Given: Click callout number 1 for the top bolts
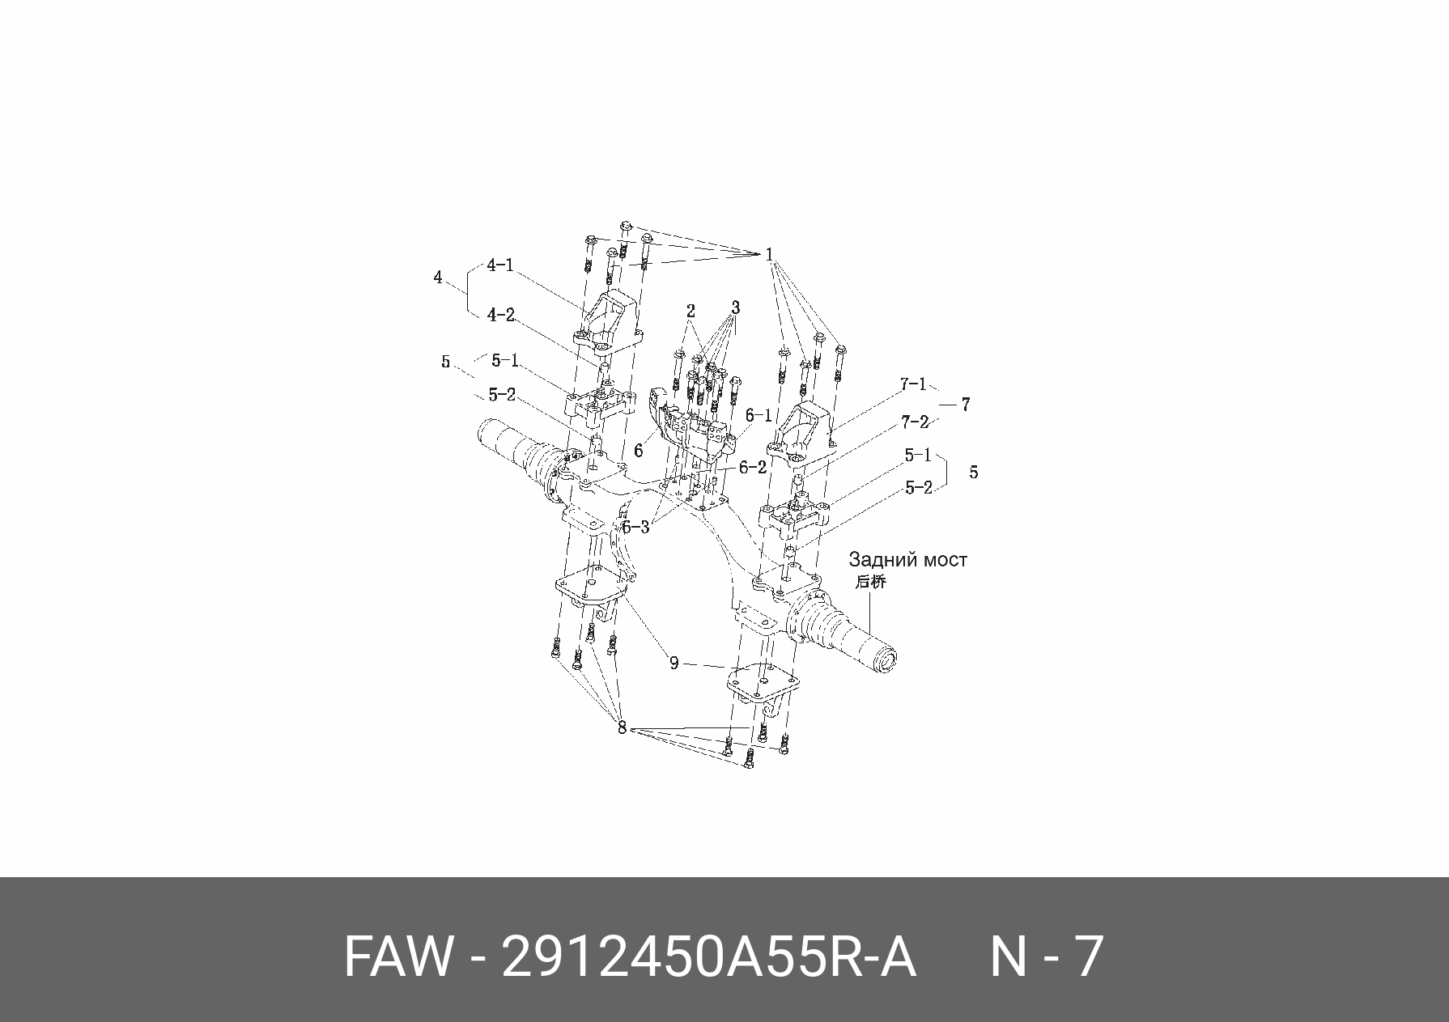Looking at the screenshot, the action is (x=769, y=254).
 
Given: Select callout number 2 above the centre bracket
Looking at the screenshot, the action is (x=691, y=312).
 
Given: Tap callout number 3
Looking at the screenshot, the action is (x=735, y=308).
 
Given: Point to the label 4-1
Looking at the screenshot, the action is (x=500, y=265).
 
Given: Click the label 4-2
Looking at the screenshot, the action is (x=501, y=315).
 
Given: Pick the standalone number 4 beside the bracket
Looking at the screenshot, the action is (x=438, y=278).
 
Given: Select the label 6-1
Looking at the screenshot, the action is (x=758, y=415).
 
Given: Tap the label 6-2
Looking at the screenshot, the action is (x=752, y=468).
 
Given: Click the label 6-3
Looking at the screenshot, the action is (x=635, y=528).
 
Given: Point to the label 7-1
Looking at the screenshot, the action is (x=912, y=384).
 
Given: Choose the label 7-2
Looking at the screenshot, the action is (x=914, y=422).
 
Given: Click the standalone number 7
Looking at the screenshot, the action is (x=965, y=405).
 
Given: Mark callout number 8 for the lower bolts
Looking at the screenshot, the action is (x=622, y=728).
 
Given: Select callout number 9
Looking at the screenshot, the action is (x=674, y=664).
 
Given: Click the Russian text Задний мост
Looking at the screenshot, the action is (x=907, y=560).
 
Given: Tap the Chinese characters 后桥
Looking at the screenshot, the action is (x=870, y=581).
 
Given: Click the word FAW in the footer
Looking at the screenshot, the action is (x=396, y=957).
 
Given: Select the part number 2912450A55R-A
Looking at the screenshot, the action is (x=708, y=957).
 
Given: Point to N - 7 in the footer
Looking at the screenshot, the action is (x=1047, y=957).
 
